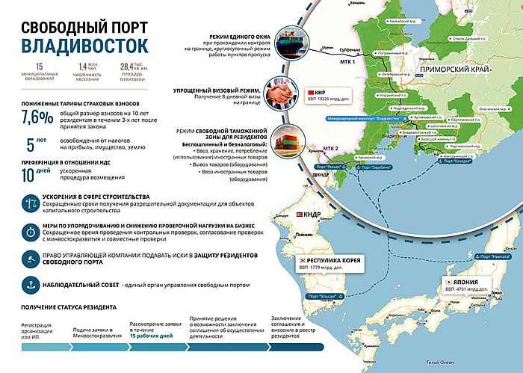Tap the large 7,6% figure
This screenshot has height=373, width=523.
tap(37, 118)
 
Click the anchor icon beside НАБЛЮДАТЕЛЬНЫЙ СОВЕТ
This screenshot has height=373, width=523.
tap(32, 284)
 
